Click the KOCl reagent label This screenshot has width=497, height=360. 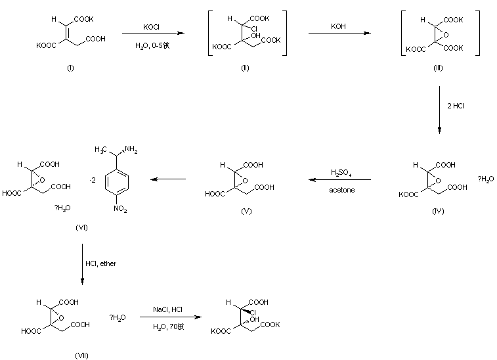tap(152, 27)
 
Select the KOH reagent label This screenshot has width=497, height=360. tap(340, 27)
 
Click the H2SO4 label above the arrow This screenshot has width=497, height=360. tap(340, 173)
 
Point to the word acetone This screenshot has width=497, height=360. tap(340, 191)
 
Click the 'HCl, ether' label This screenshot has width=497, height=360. tap(101, 263)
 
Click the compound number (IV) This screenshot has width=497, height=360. tap(439, 211)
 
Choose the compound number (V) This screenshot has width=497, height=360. tap(246, 211)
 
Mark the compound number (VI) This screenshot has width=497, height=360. tap(82, 227)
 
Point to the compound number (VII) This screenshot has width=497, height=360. tap(82, 355)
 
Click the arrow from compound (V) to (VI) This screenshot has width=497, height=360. tap(169, 179)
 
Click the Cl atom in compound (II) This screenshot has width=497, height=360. tap(253, 28)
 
